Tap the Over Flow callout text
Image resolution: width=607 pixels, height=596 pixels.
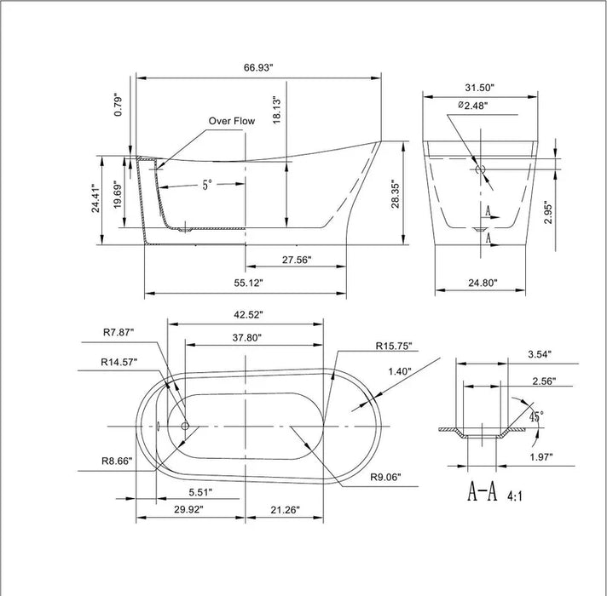coord(232,122)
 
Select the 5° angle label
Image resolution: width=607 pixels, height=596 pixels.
coord(207,185)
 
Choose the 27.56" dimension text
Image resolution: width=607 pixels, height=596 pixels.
coord(296,261)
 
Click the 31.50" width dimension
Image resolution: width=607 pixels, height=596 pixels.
coord(481,87)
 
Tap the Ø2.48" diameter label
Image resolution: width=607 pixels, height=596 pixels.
coord(473,106)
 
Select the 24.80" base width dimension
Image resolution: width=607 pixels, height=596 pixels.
coord(483,282)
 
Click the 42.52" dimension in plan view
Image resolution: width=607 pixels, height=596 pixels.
coord(247,314)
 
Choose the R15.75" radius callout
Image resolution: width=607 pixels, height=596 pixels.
coord(393,347)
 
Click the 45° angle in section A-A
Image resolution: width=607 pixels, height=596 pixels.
coord(535,417)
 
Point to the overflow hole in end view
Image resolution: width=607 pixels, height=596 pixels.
coord(480,169)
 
